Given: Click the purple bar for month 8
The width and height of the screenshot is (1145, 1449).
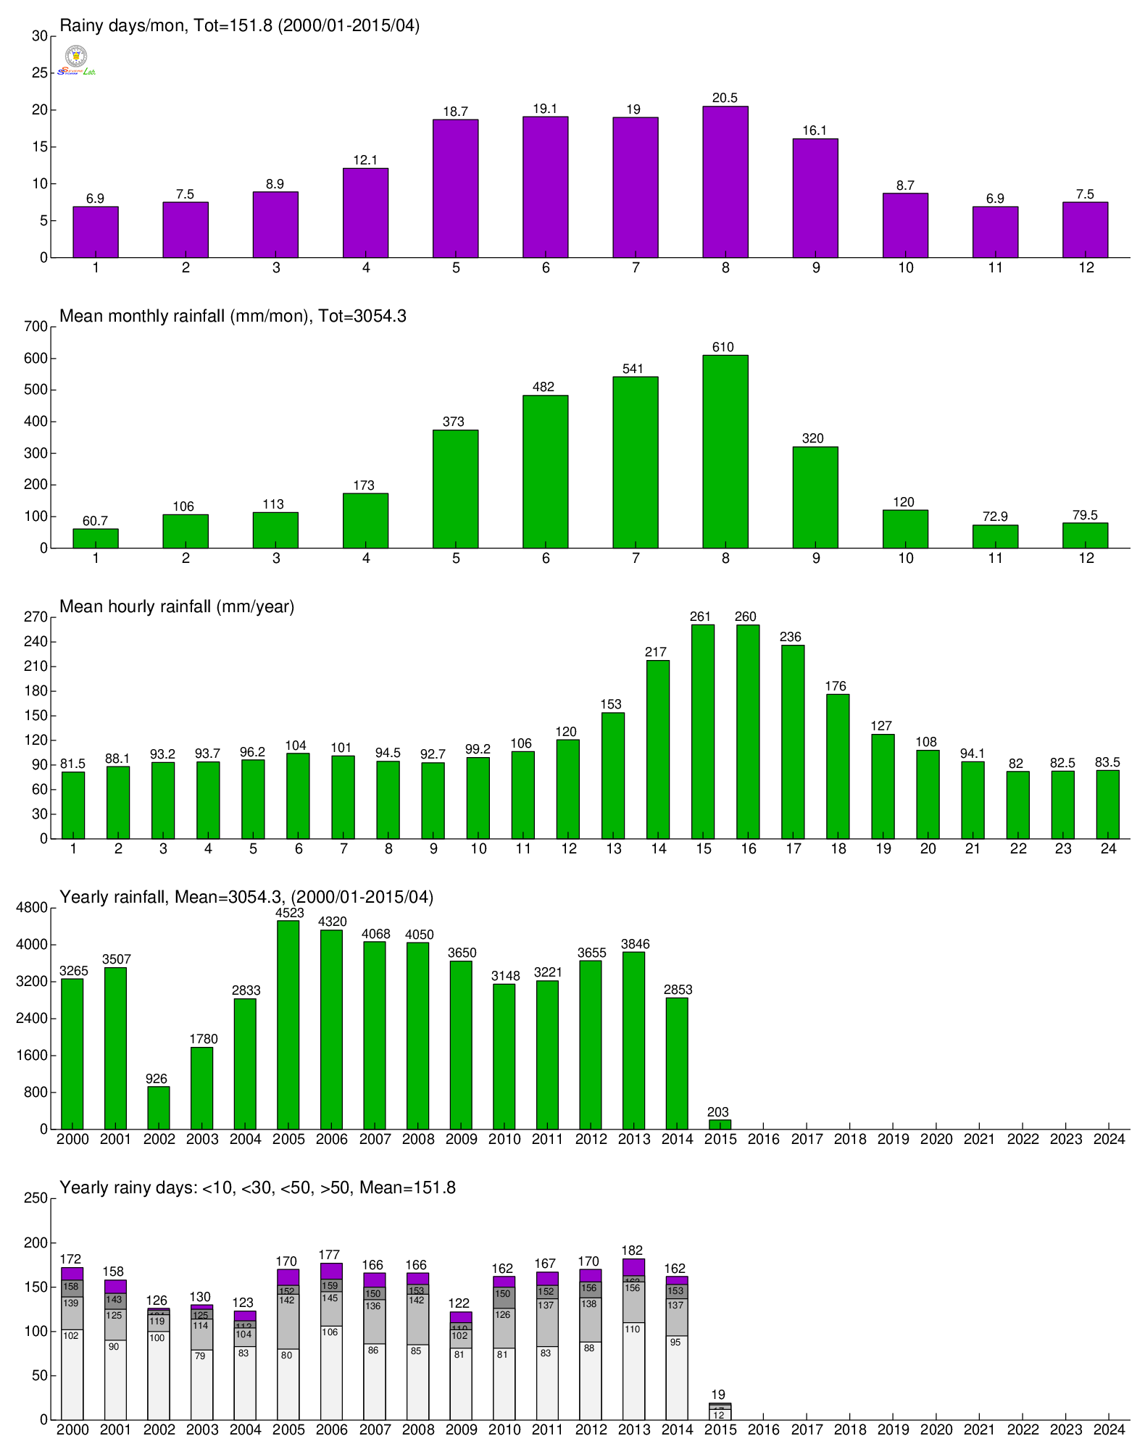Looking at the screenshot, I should (725, 182).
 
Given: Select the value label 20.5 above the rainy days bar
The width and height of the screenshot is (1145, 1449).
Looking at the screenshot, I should (725, 98).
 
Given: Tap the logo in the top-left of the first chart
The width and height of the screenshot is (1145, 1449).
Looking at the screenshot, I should (76, 60).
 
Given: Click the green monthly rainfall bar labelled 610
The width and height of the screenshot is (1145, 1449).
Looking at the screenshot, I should (725, 451).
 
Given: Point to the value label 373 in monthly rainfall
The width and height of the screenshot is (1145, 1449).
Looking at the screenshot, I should (454, 422).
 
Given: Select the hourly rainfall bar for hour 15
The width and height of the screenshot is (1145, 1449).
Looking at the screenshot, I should (702, 732).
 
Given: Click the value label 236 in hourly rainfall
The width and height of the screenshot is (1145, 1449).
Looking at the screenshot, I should (791, 637).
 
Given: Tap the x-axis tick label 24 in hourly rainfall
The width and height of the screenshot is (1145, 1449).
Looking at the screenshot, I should (1108, 848).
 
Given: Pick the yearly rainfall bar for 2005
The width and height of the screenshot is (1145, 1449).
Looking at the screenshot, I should (288, 1024).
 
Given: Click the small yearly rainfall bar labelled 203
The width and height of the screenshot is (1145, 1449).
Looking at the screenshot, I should (720, 1124).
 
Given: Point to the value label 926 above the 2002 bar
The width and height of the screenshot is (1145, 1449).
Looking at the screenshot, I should (157, 1079).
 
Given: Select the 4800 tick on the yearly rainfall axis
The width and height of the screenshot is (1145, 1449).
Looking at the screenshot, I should (32, 908).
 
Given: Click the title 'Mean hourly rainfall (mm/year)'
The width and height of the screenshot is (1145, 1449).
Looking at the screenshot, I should (177, 606).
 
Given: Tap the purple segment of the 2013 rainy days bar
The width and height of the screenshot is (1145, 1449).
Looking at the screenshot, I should (633, 1267).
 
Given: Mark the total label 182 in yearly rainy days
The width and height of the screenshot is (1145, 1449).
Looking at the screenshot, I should (632, 1250).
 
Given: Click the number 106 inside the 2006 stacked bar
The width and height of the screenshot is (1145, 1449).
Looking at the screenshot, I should (330, 1332).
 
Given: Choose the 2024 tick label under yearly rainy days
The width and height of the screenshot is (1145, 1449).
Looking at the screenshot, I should (1109, 1429).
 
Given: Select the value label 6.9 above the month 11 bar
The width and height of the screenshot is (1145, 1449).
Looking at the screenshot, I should (995, 199).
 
